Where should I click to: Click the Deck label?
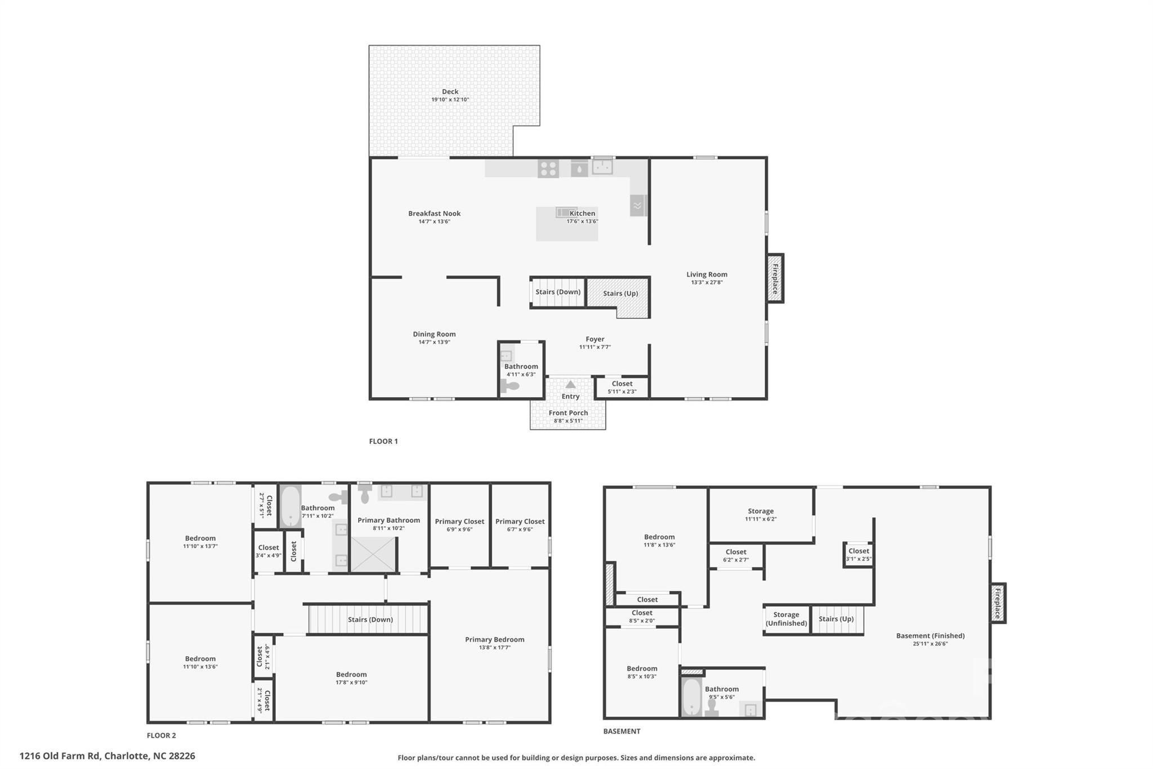point(450,92)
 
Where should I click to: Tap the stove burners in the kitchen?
point(548,168)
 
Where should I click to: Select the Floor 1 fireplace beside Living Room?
point(775,278)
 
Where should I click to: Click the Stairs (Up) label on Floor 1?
point(620,294)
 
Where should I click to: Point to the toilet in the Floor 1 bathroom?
point(510,387)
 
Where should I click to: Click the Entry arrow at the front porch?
point(570,385)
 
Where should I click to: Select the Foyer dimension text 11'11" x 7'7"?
point(595,347)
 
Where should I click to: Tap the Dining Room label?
point(434,334)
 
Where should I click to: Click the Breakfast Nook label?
point(434,214)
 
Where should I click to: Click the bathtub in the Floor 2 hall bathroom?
point(291,506)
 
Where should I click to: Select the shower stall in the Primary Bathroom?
point(373,554)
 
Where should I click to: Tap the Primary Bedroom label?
point(494,639)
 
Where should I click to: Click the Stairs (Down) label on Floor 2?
point(370,620)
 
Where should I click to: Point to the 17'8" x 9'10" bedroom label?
point(351,674)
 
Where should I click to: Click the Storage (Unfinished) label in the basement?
point(786,619)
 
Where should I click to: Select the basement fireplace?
point(998,603)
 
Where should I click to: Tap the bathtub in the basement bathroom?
point(691,697)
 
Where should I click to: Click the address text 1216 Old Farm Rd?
point(107,756)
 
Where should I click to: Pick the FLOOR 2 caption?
point(161,735)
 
